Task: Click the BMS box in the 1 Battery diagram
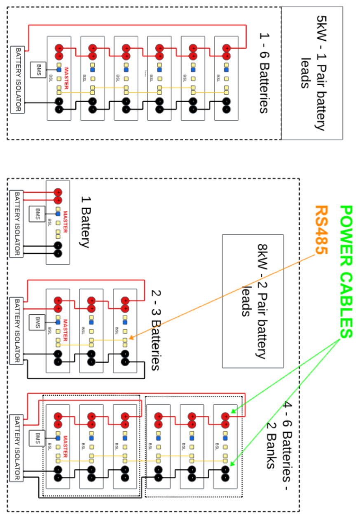click(x=38, y=214)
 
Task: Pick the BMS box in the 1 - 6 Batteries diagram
click(x=38, y=70)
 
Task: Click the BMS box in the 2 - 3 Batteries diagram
click(x=38, y=322)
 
